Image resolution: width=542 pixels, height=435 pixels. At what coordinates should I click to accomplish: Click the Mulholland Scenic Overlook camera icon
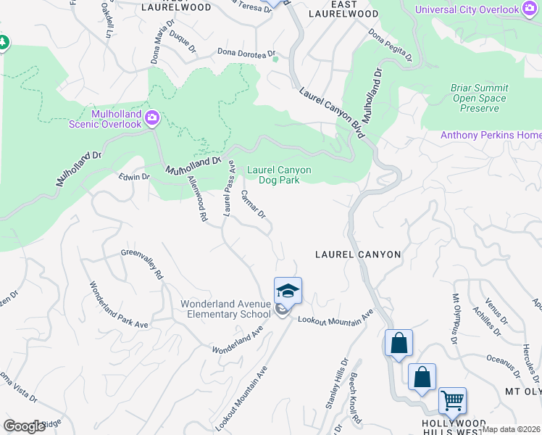point(152,117)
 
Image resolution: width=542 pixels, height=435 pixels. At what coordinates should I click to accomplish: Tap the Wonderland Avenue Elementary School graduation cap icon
point(288,291)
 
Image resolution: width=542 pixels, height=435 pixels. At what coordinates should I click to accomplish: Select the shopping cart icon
point(452,399)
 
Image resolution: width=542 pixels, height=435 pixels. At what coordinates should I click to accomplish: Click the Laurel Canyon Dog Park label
point(279,175)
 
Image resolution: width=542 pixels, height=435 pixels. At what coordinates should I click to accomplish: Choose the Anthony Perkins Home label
point(491,136)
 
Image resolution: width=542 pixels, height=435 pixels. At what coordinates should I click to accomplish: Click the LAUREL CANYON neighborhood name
point(358,254)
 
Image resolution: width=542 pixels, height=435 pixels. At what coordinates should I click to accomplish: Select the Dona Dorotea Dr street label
point(248,53)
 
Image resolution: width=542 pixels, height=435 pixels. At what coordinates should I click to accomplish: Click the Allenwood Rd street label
point(197,197)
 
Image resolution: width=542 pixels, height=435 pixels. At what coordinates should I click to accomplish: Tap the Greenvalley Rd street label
point(143,265)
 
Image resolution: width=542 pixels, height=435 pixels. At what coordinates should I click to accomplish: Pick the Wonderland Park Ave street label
point(118,304)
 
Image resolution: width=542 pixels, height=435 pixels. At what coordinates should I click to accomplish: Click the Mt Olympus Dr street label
point(456,319)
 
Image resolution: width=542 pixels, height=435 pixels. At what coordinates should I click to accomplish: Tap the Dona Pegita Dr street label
point(390,45)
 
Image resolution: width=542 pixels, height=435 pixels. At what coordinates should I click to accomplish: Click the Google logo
point(25,426)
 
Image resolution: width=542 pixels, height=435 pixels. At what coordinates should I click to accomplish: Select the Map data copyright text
point(512,429)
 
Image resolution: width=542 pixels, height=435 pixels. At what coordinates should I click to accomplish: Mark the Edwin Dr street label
point(134,176)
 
